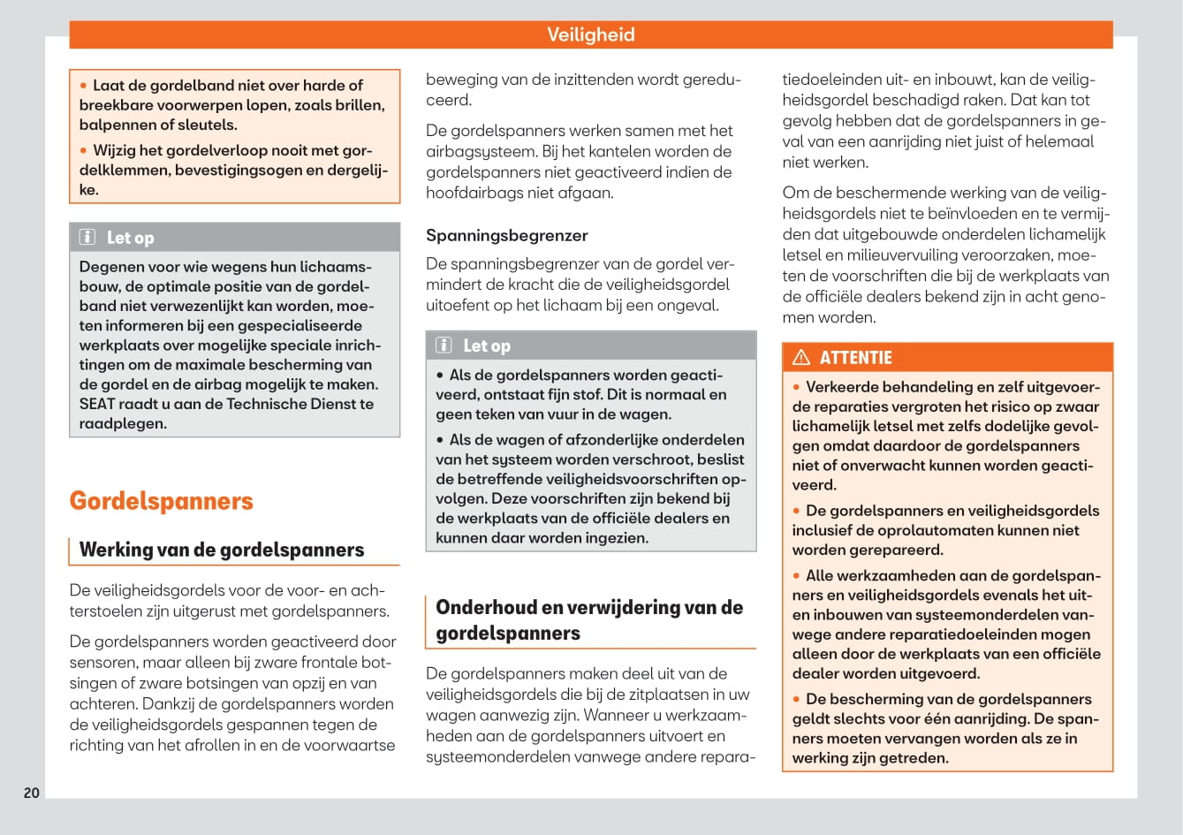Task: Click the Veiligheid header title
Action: pyautogui.click(x=590, y=34)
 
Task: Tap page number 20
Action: pyautogui.click(x=32, y=793)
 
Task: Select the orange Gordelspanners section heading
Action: pyautogui.click(x=161, y=501)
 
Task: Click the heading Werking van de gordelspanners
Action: pyautogui.click(x=221, y=550)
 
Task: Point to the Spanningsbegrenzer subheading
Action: pyautogui.click(x=506, y=235)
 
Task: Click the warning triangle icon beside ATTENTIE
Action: pyautogui.click(x=801, y=357)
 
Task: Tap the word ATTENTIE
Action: pyautogui.click(x=855, y=357)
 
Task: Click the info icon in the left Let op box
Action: pyautogui.click(x=87, y=237)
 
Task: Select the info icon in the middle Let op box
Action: pyautogui.click(x=444, y=345)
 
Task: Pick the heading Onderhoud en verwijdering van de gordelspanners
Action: pyautogui.click(x=588, y=619)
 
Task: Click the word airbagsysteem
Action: pyautogui.click(x=478, y=151)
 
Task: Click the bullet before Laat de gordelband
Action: pyautogui.click(x=84, y=86)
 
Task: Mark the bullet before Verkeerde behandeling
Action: pyautogui.click(x=796, y=387)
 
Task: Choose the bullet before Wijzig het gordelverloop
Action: pyautogui.click(x=84, y=150)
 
